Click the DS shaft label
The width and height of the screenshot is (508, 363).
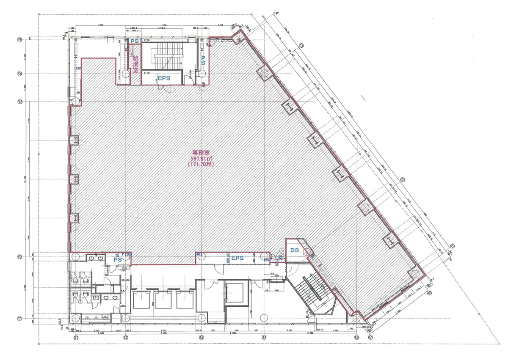click(295, 251)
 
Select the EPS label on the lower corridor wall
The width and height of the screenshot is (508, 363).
click(237, 258)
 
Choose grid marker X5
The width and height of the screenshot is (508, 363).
click(356, 338)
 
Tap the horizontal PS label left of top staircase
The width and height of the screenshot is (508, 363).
click(135, 41)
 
